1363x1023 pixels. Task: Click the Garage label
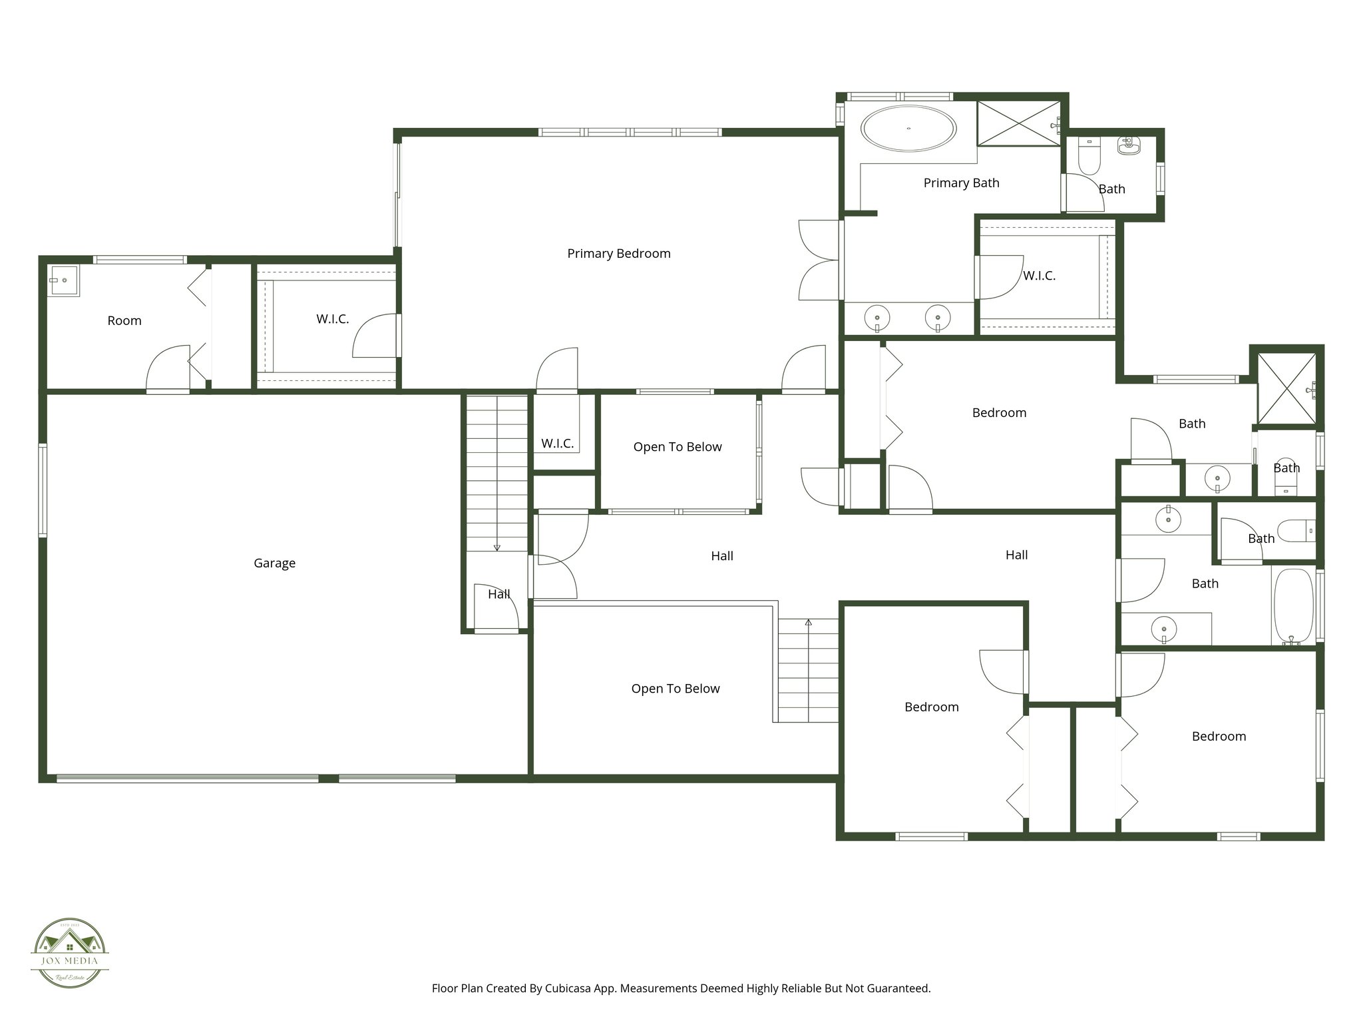(274, 563)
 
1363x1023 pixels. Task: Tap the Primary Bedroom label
(618, 253)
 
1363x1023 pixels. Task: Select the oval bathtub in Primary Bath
(908, 128)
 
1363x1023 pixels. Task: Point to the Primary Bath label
(961, 182)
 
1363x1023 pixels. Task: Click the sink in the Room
(63, 280)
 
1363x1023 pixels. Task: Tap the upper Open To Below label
(677, 446)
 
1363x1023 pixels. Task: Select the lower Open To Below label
(675, 688)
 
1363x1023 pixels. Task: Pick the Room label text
(124, 320)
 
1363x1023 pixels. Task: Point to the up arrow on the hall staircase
(809, 623)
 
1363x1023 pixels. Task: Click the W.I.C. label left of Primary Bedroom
(332, 319)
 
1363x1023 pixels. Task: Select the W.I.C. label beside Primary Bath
(1039, 275)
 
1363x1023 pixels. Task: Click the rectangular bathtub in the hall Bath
(1293, 605)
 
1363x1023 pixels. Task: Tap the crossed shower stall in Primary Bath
(1018, 123)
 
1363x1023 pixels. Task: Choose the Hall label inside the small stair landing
(498, 594)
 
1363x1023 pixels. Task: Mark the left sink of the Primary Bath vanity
(877, 318)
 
